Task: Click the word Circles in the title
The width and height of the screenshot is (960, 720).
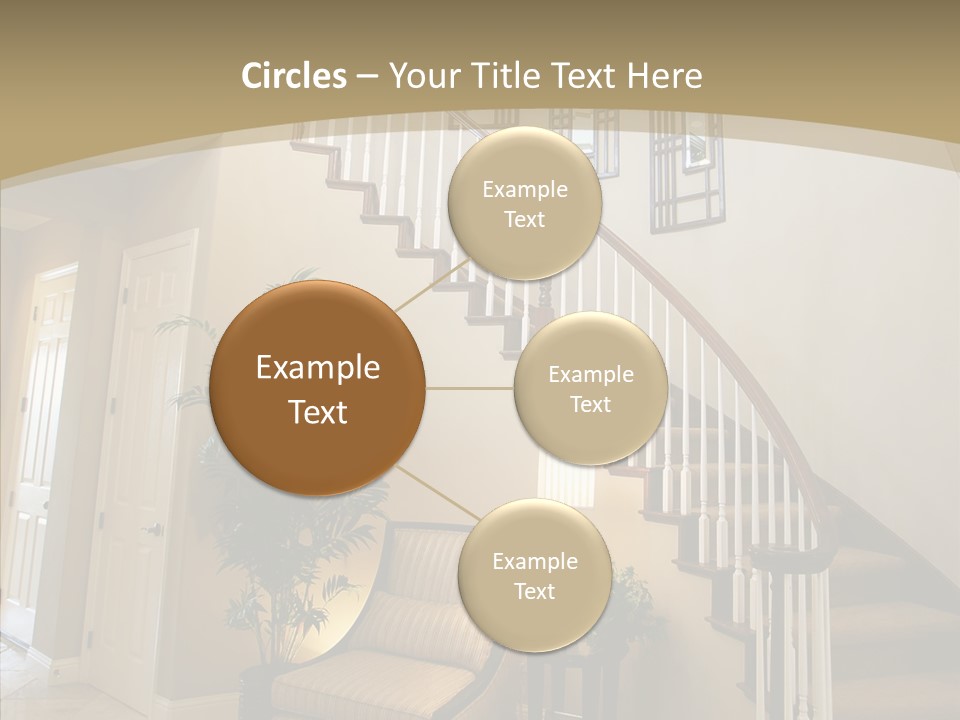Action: [x=293, y=76]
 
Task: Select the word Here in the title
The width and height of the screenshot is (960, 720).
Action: [x=665, y=76]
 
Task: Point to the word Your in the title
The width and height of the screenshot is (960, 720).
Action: [x=420, y=76]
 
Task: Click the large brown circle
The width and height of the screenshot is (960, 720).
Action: [x=318, y=388]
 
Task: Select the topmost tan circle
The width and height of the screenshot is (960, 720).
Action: [x=524, y=203]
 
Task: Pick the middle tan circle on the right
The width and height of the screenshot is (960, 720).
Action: [x=590, y=388]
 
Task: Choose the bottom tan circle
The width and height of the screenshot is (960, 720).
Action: [x=534, y=575]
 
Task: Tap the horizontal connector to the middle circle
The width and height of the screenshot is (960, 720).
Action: [x=470, y=388]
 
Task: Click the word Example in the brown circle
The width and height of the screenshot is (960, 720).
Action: [x=318, y=368]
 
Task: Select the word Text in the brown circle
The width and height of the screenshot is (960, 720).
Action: [x=318, y=412]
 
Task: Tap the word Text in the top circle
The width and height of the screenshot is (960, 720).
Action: [x=524, y=219]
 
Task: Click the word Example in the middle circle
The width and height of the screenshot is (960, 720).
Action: [x=590, y=374]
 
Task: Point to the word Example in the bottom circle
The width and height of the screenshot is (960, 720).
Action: [x=534, y=561]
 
